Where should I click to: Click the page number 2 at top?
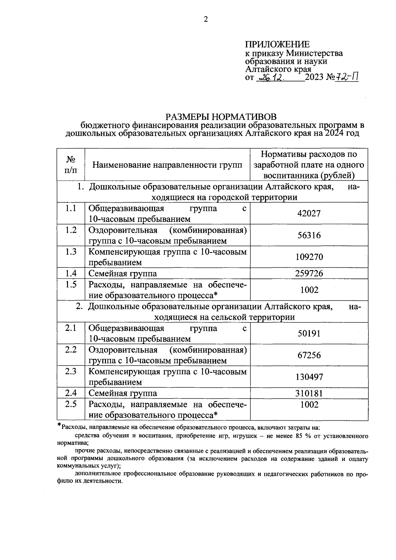tap(206, 19)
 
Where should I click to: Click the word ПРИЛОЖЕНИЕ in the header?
tap(277, 45)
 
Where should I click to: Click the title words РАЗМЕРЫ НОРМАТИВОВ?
tap(220, 117)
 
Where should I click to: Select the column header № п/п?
tap(71, 164)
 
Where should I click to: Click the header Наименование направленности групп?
tap(167, 164)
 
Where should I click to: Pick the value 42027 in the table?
tap(309, 213)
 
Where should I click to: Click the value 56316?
tap(309, 235)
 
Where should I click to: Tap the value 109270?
tap(309, 257)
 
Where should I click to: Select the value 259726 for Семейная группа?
tap(309, 273)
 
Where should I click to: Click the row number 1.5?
tap(71, 284)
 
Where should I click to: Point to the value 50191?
tap(309, 333)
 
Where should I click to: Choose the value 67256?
tap(309, 355)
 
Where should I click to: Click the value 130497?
tap(309, 377)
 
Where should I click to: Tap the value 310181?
tap(309, 393)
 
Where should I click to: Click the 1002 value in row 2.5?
tap(309, 405)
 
